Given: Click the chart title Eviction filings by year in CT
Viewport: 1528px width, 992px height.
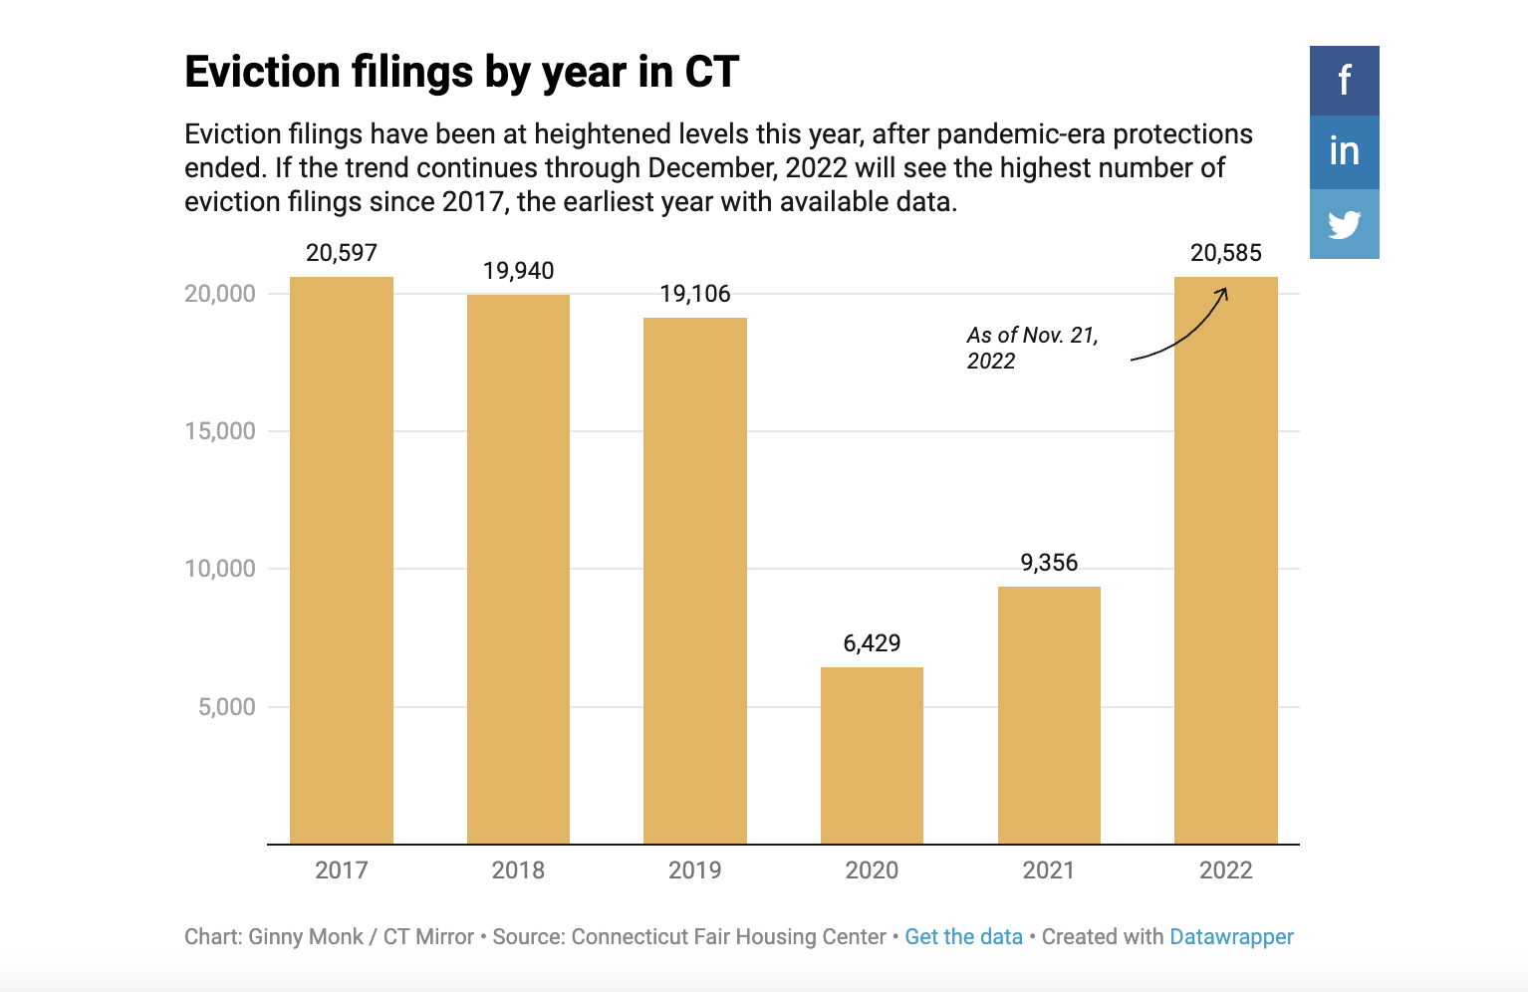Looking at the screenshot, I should pos(462,73).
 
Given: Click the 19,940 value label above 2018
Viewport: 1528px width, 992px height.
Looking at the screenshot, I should pos(518,271).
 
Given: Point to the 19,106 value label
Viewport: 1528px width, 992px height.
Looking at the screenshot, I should pos(695,294).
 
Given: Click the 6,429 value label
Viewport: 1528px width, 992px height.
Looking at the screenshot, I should pos(872,643).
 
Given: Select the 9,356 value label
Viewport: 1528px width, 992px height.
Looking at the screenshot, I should pos(1049,563).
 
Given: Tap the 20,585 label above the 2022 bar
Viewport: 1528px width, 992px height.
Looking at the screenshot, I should pos(1225,253).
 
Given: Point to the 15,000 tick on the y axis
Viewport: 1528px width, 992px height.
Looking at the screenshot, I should pos(220,431).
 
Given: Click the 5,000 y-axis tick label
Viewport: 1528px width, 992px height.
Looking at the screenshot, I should pos(227,707).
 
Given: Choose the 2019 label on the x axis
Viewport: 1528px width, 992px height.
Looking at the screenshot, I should pos(695,870).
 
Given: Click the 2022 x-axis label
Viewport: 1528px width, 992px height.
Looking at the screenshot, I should pos(1225,870).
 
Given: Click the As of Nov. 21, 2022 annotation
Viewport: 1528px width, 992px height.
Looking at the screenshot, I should pos(1031,348).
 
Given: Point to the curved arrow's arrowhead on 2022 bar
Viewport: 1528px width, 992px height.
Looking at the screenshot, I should pos(1223,292).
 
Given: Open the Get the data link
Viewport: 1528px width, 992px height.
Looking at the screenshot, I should pos(963,937).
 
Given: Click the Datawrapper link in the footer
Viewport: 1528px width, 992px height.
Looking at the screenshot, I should pos(1231,937).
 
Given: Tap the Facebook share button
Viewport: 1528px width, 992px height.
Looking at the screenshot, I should pos(1344,81).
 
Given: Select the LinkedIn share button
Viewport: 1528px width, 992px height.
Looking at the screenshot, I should pos(1344,151).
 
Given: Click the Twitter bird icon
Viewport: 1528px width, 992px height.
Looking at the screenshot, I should pos(1344,224).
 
